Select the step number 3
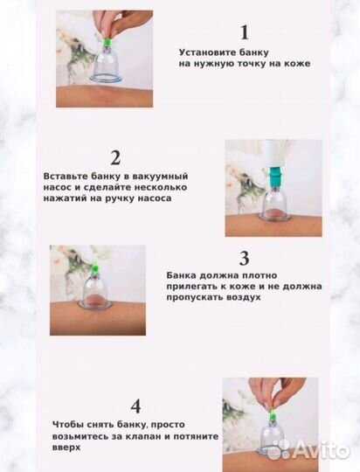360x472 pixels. click(x=245, y=258)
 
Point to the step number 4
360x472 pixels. click(x=135, y=406)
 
